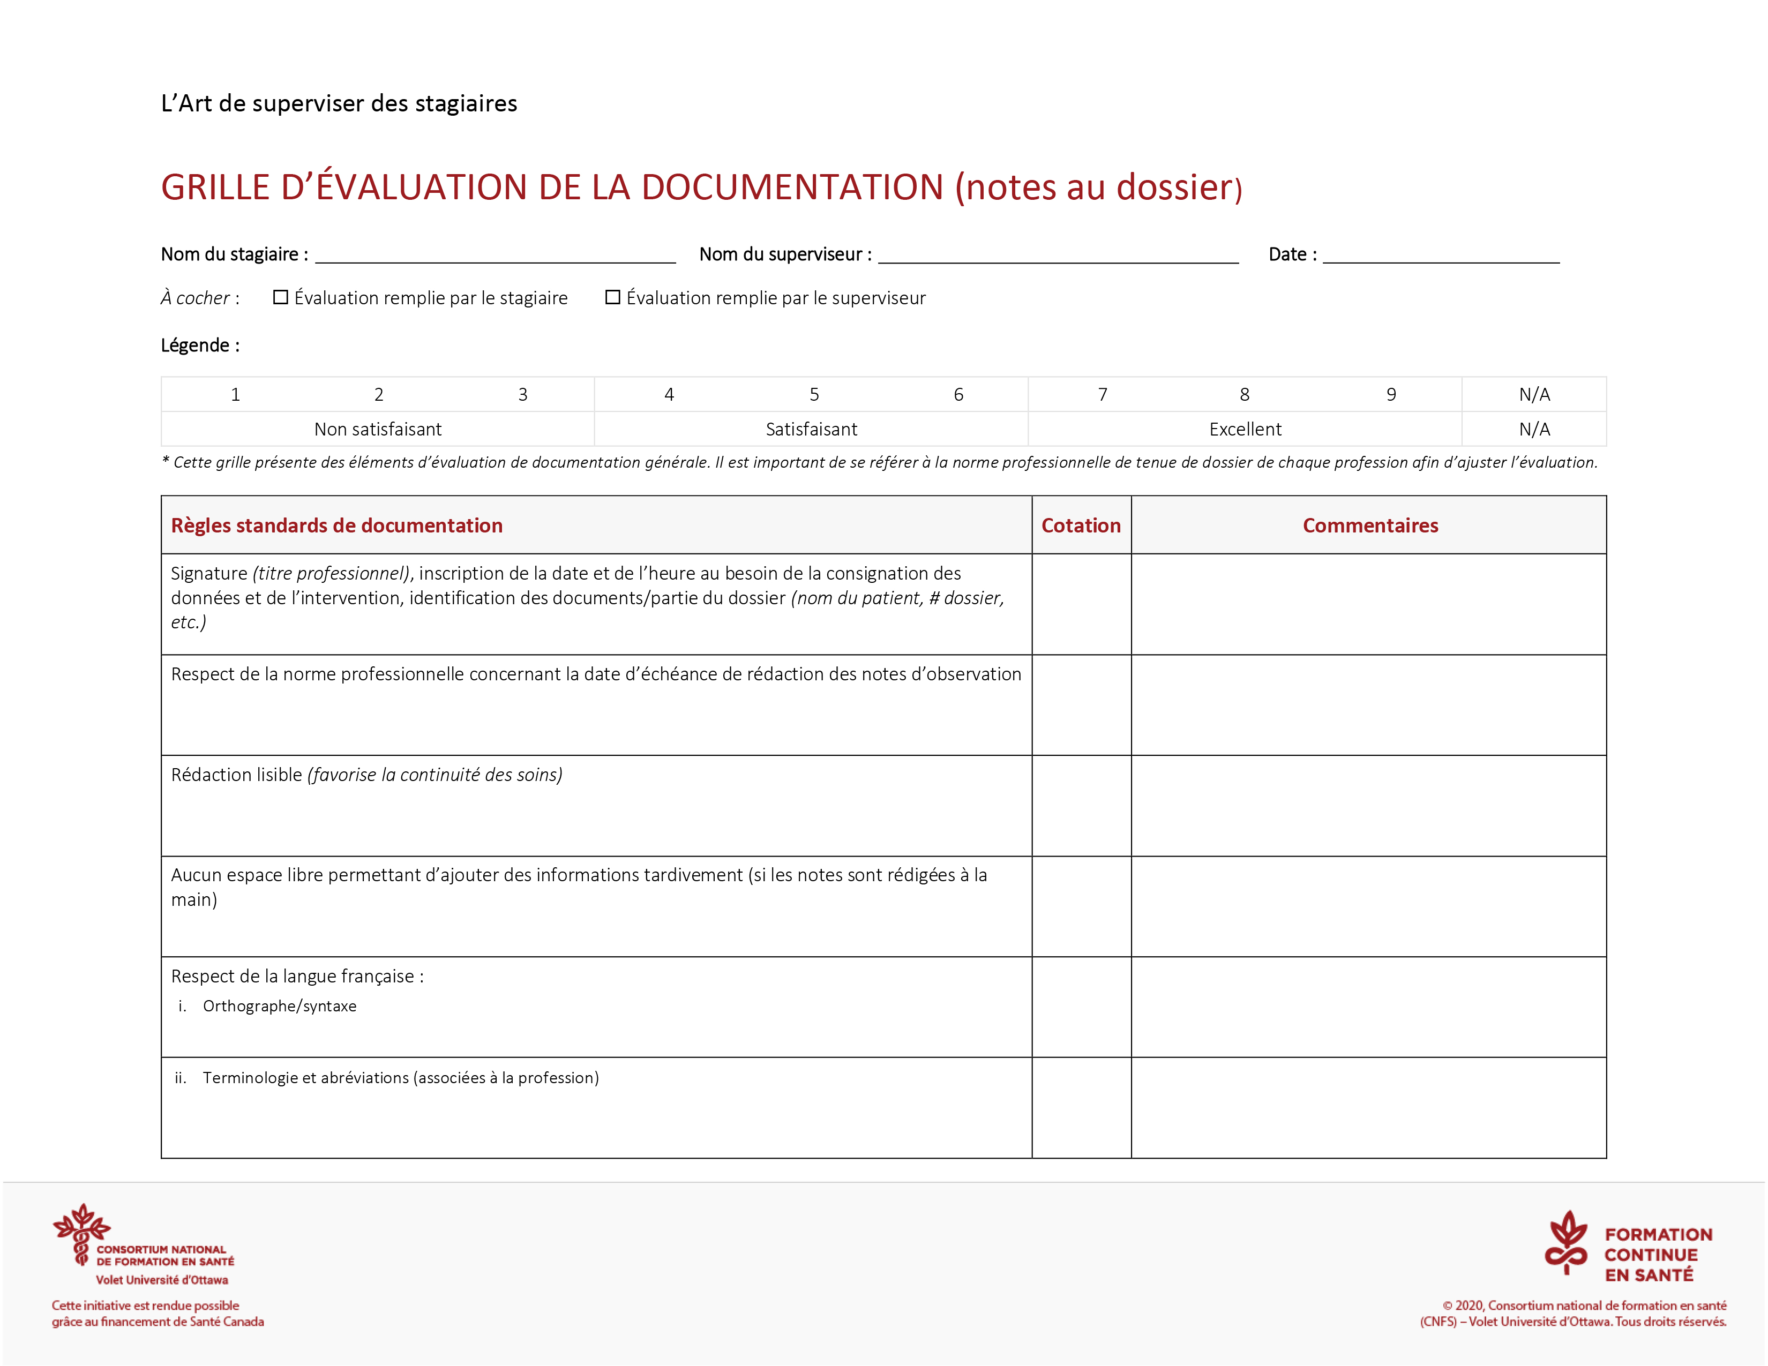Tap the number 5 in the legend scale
814,394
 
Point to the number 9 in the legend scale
1391,394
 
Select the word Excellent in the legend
1245,429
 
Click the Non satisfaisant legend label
378,429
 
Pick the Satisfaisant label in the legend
811,429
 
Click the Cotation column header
1081,525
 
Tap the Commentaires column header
1370,525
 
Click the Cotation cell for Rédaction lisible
1081,805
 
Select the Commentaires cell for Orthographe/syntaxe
1368,1007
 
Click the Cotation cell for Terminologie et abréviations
1081,1107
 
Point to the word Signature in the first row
209,573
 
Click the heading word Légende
195,346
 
